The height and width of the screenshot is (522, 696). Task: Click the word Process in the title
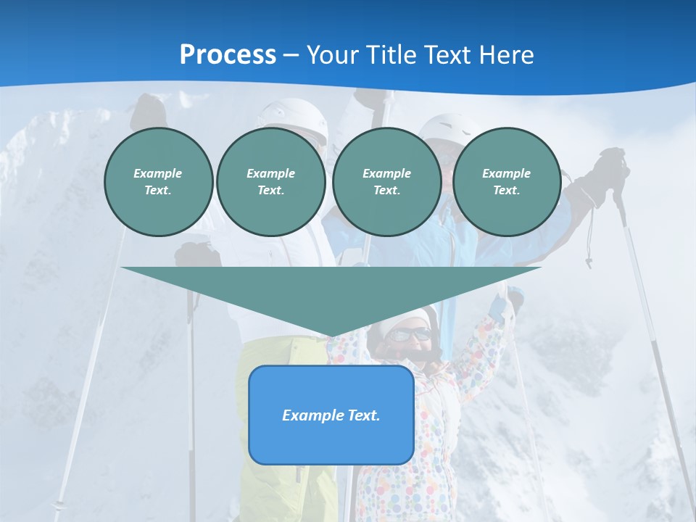pos(228,55)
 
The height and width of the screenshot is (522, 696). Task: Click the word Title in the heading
pos(391,55)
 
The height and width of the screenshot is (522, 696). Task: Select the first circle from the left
pos(158,182)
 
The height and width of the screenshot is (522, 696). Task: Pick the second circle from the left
pos(270,182)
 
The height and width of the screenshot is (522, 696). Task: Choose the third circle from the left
pos(386,182)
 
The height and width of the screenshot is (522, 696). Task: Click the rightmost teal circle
pos(506,182)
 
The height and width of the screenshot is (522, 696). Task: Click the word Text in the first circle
pos(157,191)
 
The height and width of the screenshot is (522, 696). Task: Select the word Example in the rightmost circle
pos(506,173)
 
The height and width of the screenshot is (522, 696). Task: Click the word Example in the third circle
pos(386,173)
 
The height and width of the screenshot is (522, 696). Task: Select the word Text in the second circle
pos(270,191)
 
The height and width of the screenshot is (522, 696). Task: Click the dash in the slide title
pos(291,55)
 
